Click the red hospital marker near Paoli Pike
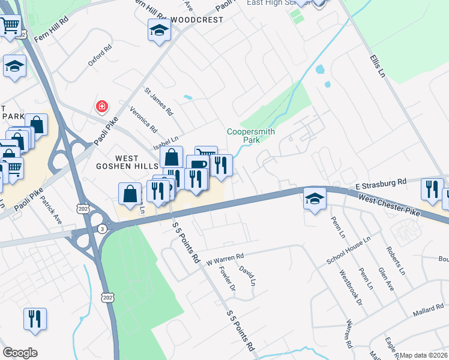tap(102, 107)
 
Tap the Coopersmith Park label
tap(243, 136)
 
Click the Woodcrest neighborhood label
tap(196, 20)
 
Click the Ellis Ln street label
tap(377, 66)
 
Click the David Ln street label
tap(247, 274)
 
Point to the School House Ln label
tap(349, 250)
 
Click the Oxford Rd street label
tap(100, 55)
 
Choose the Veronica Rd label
tap(143, 119)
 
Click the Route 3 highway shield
tap(103, 228)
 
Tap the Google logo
tap(20, 353)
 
